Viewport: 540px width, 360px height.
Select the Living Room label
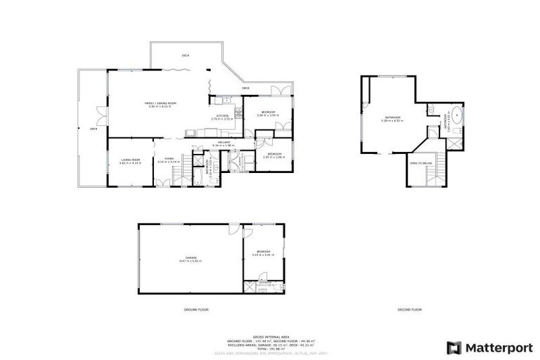click(x=130, y=161)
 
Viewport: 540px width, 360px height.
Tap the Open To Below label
click(x=420, y=163)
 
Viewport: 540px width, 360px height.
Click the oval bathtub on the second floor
click(x=457, y=115)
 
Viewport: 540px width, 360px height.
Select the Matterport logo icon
click(x=455, y=347)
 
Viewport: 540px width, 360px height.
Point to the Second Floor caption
click(x=410, y=309)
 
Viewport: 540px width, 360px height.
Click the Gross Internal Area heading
click(x=270, y=336)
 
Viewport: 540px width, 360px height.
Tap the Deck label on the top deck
click(x=186, y=55)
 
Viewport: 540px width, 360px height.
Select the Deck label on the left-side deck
click(x=93, y=129)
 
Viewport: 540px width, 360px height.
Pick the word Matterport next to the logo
click(x=499, y=347)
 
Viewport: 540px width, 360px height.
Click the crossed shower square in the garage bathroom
click(x=250, y=287)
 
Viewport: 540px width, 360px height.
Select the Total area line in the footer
click(x=270, y=349)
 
